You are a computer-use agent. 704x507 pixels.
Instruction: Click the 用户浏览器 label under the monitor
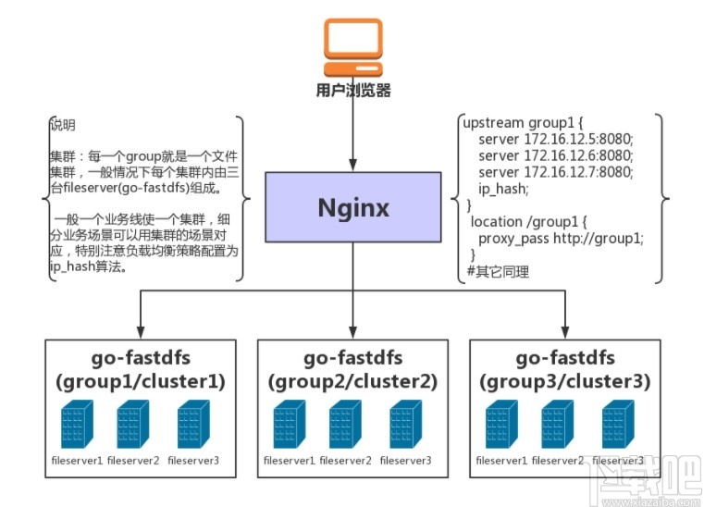(x=352, y=91)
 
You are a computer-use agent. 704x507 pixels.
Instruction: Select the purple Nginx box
(x=352, y=208)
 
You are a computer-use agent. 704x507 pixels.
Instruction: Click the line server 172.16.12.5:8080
(x=542, y=139)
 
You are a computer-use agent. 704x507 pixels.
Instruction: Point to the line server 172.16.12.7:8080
(x=542, y=172)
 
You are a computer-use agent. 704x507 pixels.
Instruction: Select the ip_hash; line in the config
(x=503, y=189)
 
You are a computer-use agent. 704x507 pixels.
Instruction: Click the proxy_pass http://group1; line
(x=561, y=238)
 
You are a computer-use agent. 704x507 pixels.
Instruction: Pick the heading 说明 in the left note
(x=63, y=125)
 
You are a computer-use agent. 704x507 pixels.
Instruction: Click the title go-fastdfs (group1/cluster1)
(x=140, y=368)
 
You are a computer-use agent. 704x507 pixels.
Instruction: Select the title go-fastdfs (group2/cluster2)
(x=352, y=368)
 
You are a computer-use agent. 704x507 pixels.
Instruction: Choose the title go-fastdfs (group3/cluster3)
(x=565, y=368)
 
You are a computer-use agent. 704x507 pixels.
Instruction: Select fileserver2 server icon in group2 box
(x=348, y=425)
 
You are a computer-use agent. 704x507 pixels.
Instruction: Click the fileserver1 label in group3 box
(x=502, y=460)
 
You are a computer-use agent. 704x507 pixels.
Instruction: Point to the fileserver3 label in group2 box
(x=406, y=460)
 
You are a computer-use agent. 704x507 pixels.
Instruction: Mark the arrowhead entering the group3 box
(x=565, y=333)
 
